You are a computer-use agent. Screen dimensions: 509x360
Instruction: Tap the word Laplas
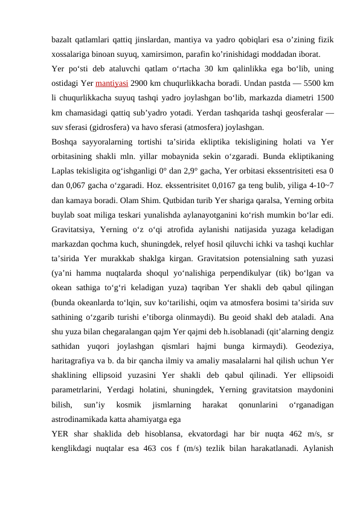[63, 170]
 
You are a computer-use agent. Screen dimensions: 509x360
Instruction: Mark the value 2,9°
[193, 170]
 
